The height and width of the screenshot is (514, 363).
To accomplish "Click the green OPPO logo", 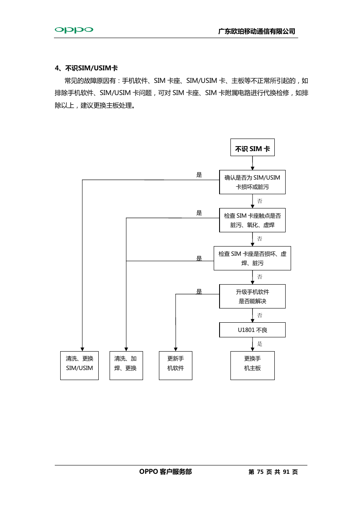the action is tap(74, 30).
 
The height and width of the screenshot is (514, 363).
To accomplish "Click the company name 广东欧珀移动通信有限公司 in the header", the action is tap(257, 31).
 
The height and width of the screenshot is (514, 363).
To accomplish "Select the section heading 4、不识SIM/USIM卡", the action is tap(86, 68).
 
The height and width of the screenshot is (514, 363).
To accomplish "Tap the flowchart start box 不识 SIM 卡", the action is tap(253, 147).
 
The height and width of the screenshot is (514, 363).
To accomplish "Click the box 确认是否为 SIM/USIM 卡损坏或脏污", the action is tap(252, 182).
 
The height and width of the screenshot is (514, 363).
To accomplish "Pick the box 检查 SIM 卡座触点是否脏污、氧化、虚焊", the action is tap(252, 220).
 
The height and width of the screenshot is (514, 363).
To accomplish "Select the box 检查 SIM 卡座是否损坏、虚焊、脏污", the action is tap(252, 258).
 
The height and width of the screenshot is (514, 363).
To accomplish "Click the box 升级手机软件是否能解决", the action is tap(252, 296).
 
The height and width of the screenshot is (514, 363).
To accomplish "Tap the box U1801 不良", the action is tap(252, 330).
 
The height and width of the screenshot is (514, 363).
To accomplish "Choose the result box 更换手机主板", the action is tap(253, 365).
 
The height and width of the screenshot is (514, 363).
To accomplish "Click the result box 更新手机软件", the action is tap(176, 365).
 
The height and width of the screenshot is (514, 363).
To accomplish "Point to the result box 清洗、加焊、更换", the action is tap(126, 365).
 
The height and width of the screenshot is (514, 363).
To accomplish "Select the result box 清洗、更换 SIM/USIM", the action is tap(79, 365).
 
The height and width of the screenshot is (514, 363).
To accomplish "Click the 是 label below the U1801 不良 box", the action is tap(260, 344).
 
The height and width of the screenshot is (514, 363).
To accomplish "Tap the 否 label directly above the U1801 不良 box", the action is tap(260, 315).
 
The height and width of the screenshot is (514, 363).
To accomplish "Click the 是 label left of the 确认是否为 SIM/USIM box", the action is tap(199, 175).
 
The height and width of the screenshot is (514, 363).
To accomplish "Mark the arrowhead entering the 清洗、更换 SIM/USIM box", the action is tap(82, 349).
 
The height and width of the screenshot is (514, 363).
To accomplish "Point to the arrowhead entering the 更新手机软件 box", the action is tap(176, 349).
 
